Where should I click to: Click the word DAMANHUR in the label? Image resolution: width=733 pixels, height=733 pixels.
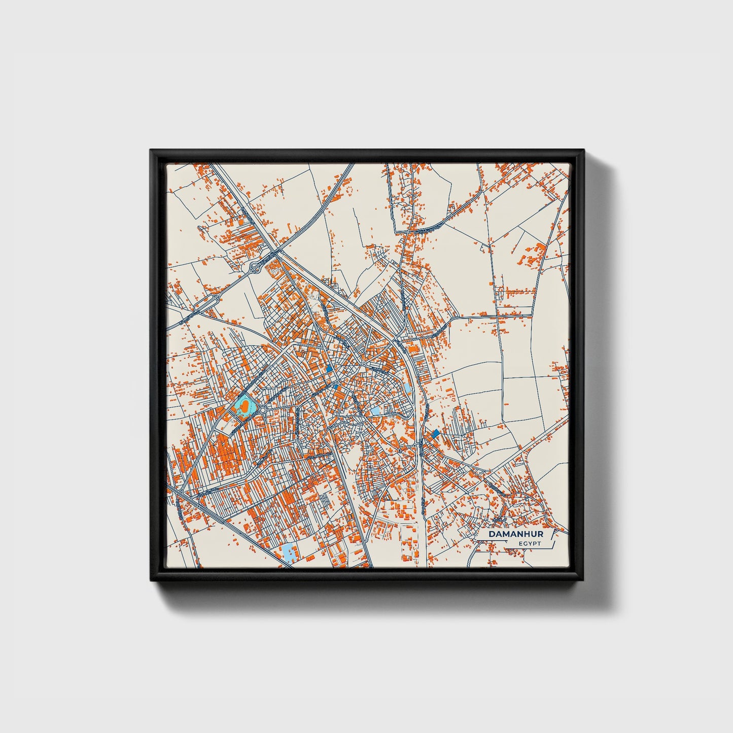[515, 534]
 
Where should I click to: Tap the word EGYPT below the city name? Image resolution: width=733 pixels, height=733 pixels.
[530, 544]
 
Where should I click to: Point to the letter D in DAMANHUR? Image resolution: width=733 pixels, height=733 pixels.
[492, 534]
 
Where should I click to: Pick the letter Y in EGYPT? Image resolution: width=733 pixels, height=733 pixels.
[529, 544]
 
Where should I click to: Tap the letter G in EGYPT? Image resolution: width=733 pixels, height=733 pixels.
[525, 544]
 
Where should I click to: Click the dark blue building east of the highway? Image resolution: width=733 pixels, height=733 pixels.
[435, 433]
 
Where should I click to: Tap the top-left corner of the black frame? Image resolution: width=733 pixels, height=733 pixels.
[151, 151]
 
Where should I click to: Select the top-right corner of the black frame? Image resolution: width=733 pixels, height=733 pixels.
[583, 151]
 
